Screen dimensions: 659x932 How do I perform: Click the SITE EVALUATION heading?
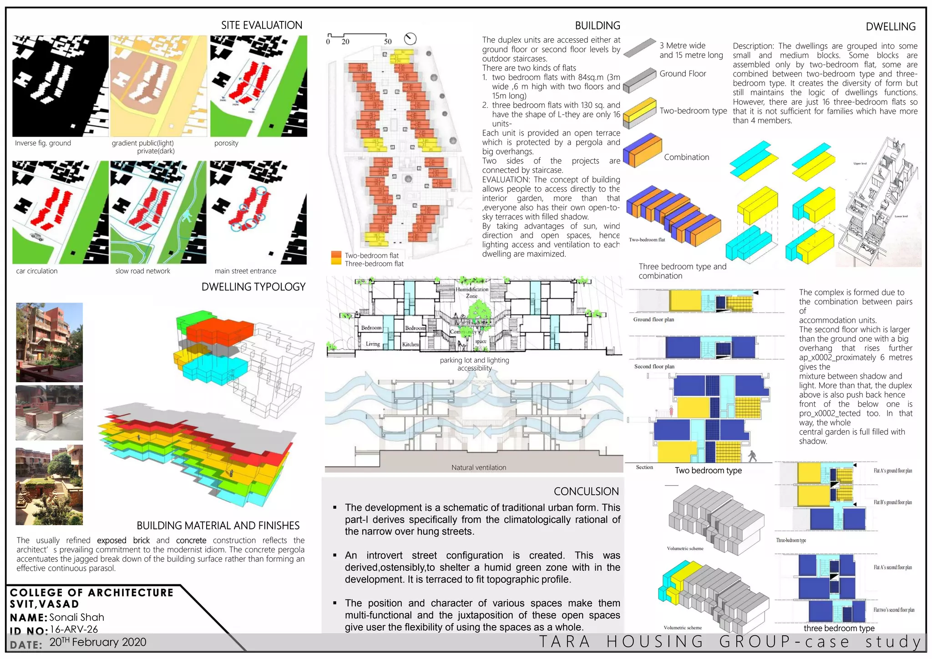tap(261, 25)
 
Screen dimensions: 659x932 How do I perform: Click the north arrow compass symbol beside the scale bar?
tap(410, 39)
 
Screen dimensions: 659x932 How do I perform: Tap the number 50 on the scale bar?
tap(387, 41)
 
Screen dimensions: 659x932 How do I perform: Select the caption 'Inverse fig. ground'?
tap(43, 143)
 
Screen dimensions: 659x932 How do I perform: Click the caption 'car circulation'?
tap(37, 271)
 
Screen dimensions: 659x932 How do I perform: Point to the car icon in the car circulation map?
tap(37, 236)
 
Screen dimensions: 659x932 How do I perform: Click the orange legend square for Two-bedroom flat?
tap(336, 255)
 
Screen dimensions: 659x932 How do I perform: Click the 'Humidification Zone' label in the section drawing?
tap(472, 292)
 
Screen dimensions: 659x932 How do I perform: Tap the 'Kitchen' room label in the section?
tap(410, 345)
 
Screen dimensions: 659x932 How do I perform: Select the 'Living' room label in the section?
tap(373, 344)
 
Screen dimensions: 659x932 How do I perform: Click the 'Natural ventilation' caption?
tap(478, 467)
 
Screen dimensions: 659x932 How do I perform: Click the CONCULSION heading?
tap(586, 491)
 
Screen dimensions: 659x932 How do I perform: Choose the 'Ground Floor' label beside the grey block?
tap(683, 74)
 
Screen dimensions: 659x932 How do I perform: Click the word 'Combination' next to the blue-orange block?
tap(686, 157)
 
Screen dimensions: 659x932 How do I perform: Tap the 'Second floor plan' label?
tap(654, 366)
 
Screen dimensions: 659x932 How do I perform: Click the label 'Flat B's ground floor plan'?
tap(892, 502)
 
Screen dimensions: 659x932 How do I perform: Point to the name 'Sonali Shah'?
tap(76, 617)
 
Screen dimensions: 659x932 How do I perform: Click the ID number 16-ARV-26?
tap(74, 629)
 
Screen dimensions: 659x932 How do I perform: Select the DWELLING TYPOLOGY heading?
tap(253, 287)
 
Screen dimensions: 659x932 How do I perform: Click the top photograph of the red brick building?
tap(49, 342)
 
